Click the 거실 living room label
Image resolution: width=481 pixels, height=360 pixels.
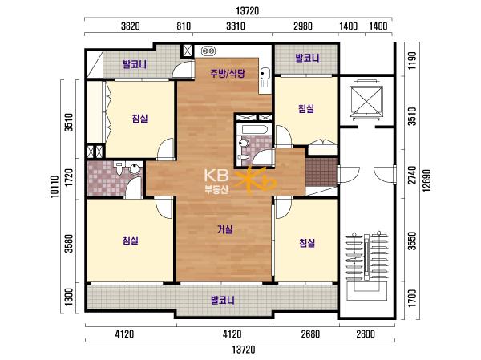225,229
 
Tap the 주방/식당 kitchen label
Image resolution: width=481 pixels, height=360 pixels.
228,73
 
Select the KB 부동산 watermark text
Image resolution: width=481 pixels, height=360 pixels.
217,181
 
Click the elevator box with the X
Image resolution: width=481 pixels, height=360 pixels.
366,99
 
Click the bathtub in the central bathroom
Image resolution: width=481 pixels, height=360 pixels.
254,129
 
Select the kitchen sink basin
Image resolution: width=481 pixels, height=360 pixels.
265,74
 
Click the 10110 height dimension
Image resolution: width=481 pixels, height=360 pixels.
55,186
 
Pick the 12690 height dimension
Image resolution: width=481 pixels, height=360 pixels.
426,180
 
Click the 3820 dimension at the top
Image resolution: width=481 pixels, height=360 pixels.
131,26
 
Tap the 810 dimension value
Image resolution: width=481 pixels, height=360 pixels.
184,26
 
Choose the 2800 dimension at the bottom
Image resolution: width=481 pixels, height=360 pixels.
366,334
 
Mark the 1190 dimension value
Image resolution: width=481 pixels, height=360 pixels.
413,60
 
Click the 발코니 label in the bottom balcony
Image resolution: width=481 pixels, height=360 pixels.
223,300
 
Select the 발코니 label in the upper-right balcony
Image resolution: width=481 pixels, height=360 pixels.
307,58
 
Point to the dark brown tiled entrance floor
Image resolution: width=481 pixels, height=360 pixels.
321,172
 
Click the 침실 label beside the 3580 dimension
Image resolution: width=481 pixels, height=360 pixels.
131,241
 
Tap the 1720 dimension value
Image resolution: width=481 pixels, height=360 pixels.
70,177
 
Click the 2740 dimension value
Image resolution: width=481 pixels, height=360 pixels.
413,175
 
